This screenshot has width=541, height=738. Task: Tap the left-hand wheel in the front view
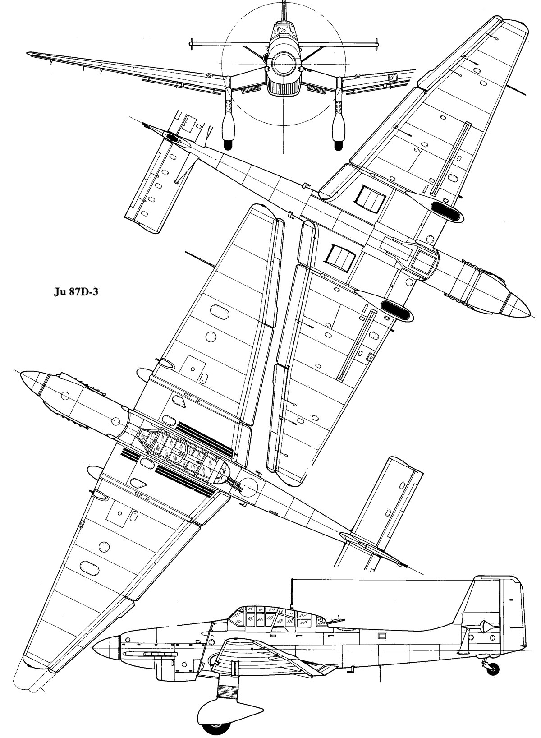[228, 145]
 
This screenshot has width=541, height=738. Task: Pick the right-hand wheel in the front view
[338, 145]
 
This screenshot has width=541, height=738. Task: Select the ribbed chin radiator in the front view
[283, 86]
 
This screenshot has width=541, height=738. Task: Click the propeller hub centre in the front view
[283, 62]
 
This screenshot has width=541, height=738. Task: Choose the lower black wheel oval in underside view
[396, 310]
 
